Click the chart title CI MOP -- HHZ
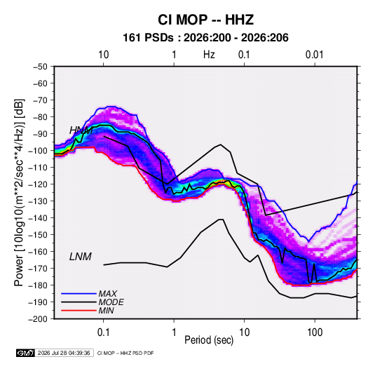[x=205, y=20]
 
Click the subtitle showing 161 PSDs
[x=205, y=38]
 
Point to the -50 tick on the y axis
[x=40, y=67]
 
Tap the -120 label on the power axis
[x=38, y=184]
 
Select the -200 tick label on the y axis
[x=38, y=319]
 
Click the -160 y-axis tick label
[x=38, y=252]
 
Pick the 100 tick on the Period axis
[x=315, y=332]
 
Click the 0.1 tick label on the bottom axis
[x=103, y=332]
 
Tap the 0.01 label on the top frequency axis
[x=314, y=55]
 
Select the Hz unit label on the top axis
[x=209, y=55]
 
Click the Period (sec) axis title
[x=209, y=340]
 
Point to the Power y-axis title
[x=19, y=192]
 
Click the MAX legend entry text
[x=108, y=294]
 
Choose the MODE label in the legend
[x=111, y=302]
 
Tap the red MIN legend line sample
[x=79, y=311]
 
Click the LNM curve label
[x=81, y=257]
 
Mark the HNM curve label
[x=81, y=130]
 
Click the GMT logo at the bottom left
[x=25, y=353]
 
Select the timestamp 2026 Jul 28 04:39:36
[x=64, y=353]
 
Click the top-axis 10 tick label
[x=104, y=55]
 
